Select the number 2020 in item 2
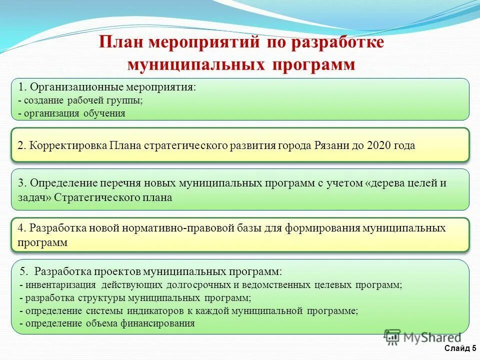coord(379,145)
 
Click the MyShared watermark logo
coord(423,337)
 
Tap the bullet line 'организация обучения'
coord(73,113)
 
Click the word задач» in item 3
coord(34,197)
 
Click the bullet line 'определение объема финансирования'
coord(108,323)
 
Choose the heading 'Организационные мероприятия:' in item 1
coord(113,86)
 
